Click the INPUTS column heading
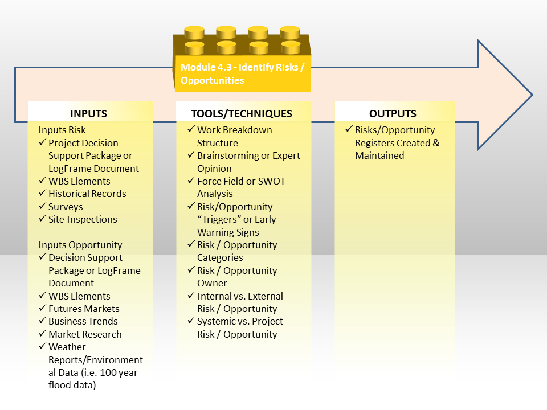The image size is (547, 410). (x=89, y=114)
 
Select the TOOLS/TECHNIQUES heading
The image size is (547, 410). (x=242, y=114)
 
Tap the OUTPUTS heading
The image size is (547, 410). (x=393, y=114)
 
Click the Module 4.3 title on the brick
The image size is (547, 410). (x=243, y=73)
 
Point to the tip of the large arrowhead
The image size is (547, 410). (x=532, y=95)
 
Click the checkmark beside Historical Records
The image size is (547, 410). (x=43, y=192)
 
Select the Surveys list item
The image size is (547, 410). (x=66, y=207)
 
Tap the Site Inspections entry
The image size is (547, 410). (x=83, y=219)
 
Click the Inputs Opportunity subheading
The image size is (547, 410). (x=80, y=245)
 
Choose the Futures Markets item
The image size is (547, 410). (x=84, y=309)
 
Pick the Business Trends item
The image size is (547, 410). (x=83, y=321)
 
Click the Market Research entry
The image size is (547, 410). (x=85, y=334)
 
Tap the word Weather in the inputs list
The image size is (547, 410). (x=67, y=347)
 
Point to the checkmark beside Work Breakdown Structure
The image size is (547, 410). (x=191, y=129)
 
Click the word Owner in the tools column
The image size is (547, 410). (x=212, y=283)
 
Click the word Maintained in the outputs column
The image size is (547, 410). (x=379, y=155)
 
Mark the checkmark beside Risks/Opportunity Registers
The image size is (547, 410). (x=349, y=129)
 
